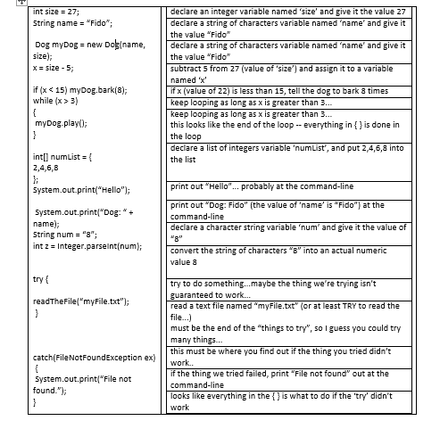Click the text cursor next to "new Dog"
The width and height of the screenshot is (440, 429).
point(108,44)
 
